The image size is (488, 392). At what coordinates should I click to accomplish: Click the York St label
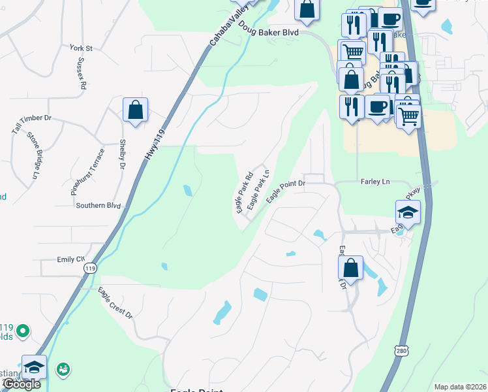[x=82, y=48]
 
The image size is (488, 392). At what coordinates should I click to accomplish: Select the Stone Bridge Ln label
[x=33, y=155]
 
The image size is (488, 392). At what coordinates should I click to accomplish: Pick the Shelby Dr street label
[x=121, y=155]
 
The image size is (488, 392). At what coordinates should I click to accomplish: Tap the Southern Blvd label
[x=99, y=205]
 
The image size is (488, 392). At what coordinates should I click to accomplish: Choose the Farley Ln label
[x=374, y=182]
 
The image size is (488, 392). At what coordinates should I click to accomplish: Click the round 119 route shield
[x=91, y=268]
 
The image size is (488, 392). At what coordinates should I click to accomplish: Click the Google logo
[x=22, y=384]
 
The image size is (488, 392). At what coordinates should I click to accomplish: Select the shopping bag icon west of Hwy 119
[x=135, y=110]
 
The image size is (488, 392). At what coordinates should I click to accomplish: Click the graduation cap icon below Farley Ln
[x=408, y=212]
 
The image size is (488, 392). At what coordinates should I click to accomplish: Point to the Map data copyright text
[x=459, y=387]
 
